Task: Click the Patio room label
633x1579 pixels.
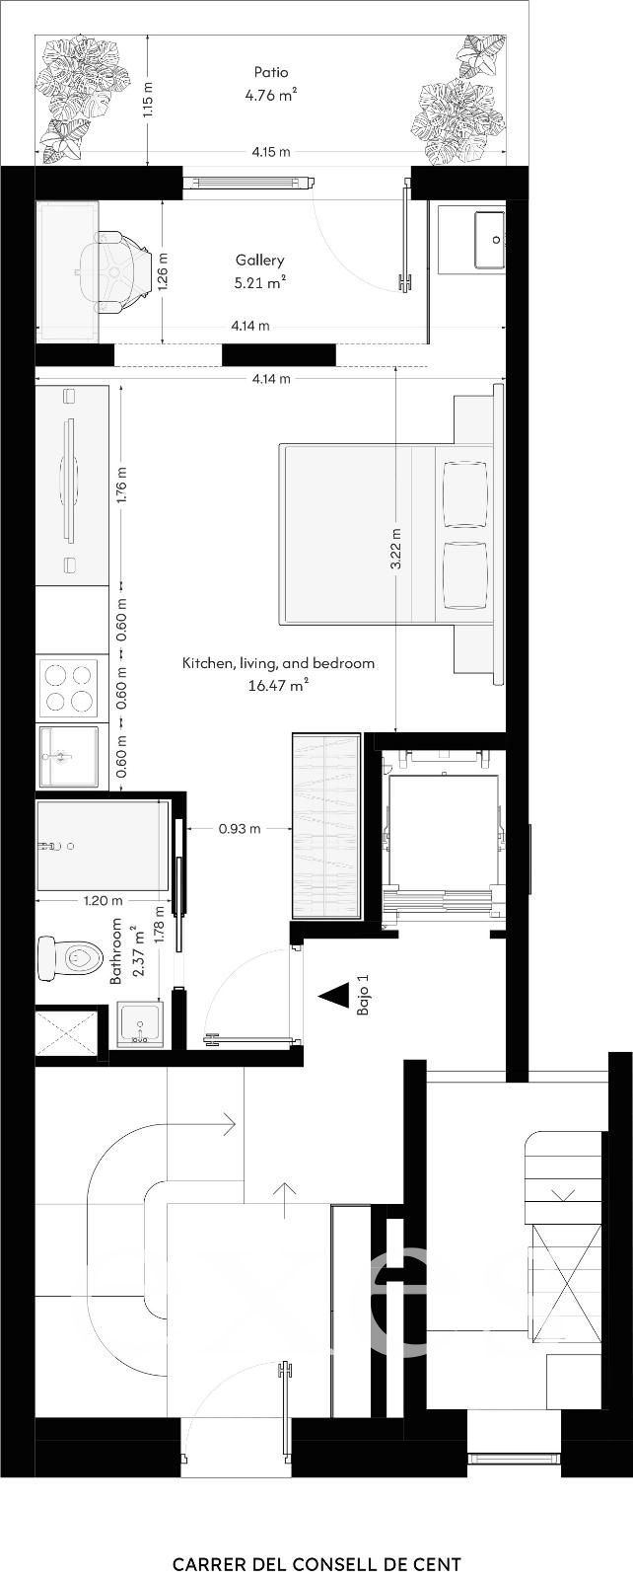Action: coord(271,72)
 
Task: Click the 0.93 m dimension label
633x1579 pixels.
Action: coord(240,829)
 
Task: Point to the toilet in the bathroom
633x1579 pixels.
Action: coord(70,956)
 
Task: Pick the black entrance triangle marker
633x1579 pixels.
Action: coord(333,995)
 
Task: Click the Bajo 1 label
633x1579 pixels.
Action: coord(363,996)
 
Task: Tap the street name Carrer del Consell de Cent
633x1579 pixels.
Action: coord(316,1537)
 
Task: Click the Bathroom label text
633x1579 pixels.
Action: coord(116,951)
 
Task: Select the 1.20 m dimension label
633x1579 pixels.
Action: coord(103,900)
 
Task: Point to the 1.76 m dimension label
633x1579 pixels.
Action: coord(122,485)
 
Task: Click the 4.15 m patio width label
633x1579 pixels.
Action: coord(271,152)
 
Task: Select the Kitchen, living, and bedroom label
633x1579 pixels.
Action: coord(278,663)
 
